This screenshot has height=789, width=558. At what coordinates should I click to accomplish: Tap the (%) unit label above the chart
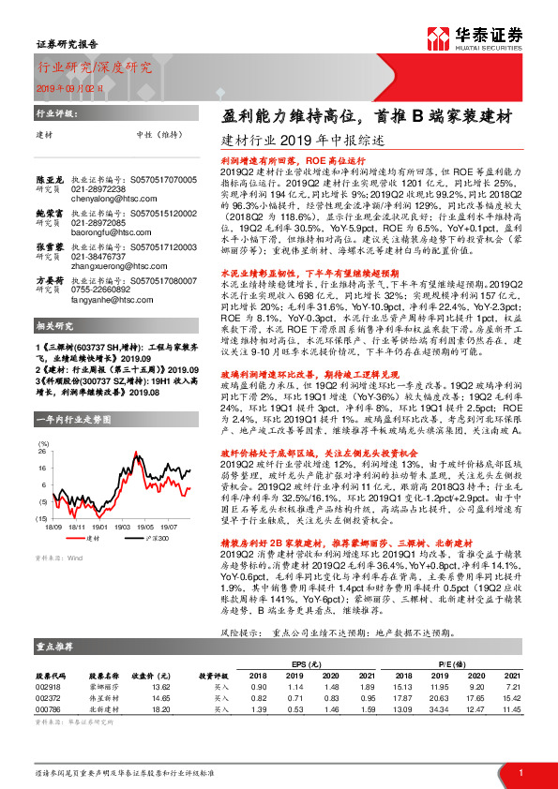(42, 442)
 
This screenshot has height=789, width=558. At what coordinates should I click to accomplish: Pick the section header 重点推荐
(55, 647)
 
